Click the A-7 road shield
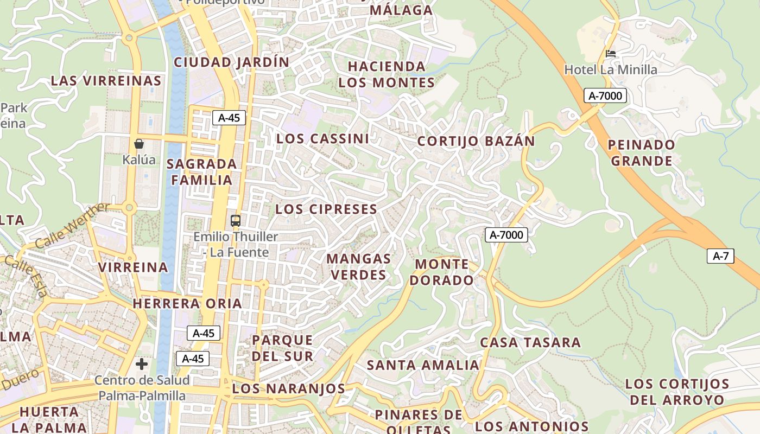720,256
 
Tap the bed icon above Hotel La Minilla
611,53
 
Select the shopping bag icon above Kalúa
139,144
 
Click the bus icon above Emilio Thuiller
236,221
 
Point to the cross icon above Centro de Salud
142,363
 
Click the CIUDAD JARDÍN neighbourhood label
232,62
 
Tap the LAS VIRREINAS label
106,81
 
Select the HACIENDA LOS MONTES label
387,74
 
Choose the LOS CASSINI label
322,139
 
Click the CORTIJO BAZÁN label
476,142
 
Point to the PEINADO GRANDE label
641,153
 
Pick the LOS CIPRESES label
326,209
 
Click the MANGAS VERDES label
359,267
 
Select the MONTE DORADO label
441,272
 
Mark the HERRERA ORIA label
187,303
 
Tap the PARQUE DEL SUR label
282,348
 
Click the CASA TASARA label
530,343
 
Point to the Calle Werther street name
72,226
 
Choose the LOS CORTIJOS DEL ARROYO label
677,392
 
